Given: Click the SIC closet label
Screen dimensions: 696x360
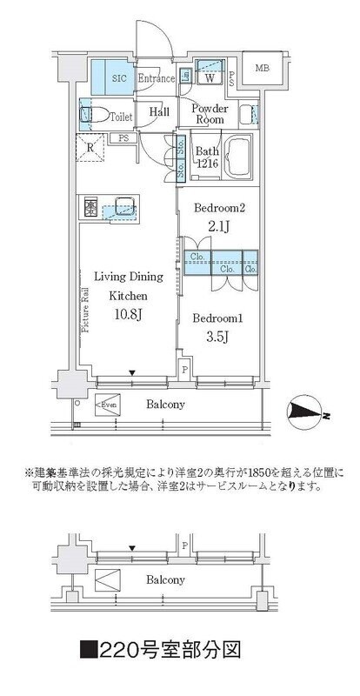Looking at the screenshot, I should (118, 77).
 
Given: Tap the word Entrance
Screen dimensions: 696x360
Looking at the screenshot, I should (156, 77).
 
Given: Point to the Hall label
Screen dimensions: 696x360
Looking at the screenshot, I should (158, 111).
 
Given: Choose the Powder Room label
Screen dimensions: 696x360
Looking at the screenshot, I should (209, 113).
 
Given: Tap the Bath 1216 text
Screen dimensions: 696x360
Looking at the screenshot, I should (207, 156).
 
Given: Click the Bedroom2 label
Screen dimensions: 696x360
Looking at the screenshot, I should (218, 209).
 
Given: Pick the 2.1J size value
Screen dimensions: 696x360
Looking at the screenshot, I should (218, 228).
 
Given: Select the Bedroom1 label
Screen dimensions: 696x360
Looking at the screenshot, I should (217, 319).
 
